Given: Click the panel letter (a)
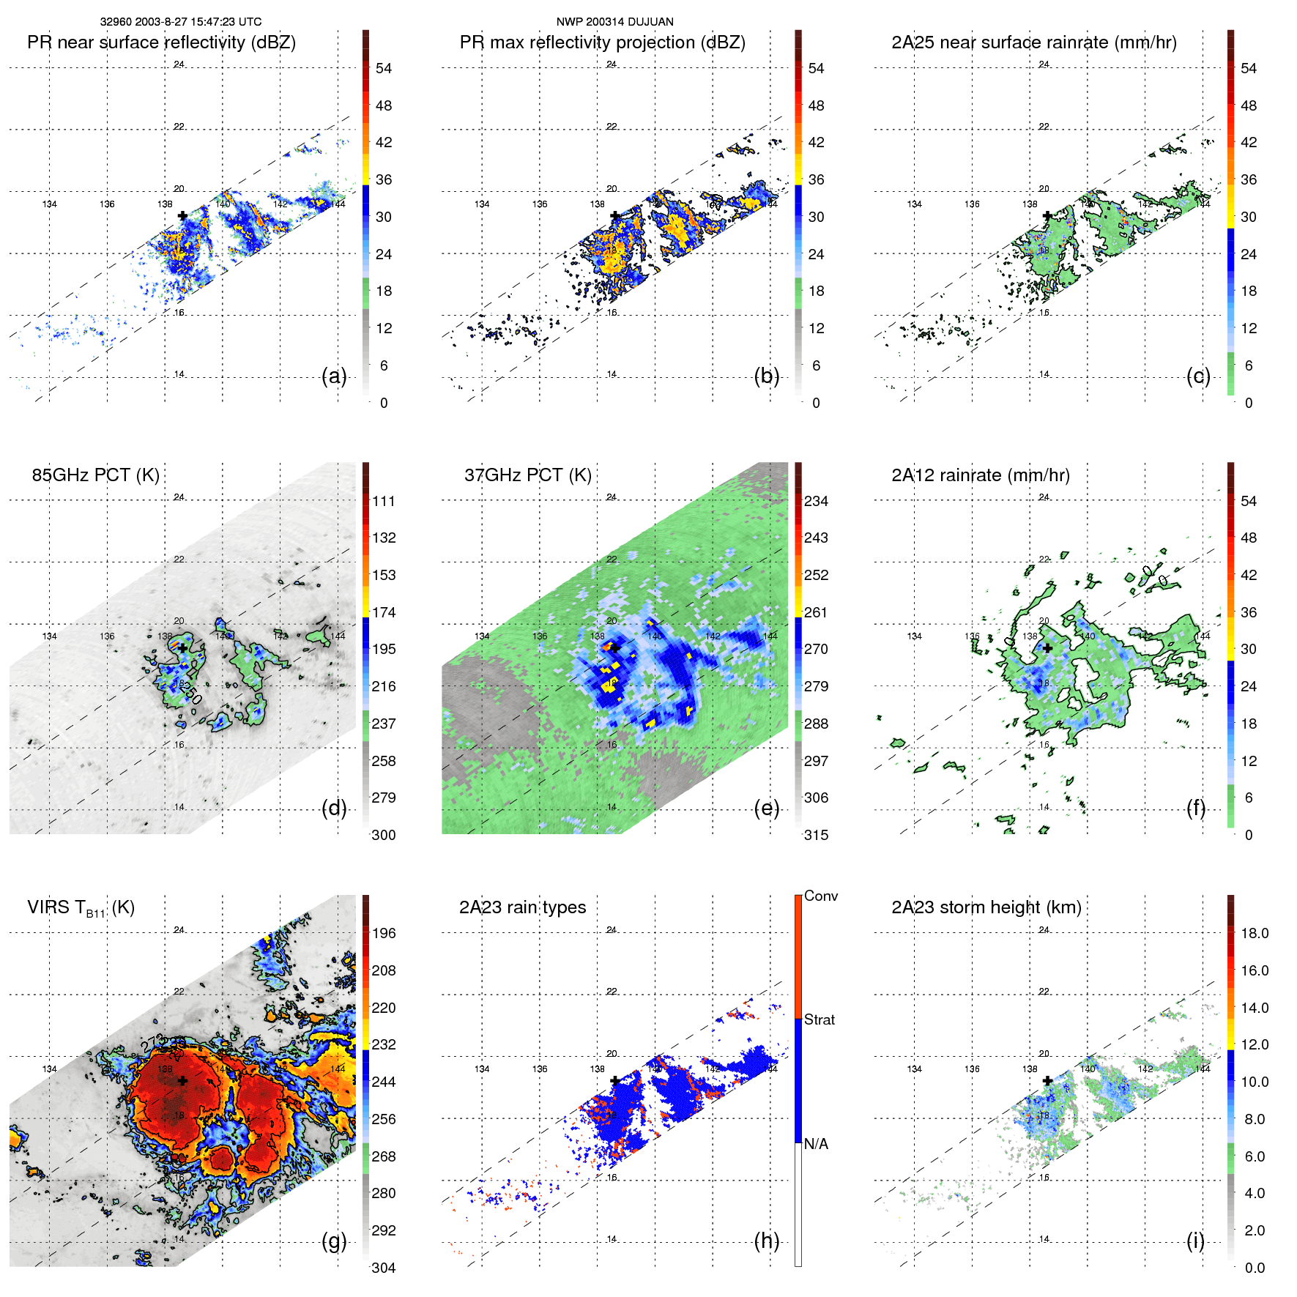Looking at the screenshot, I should [x=334, y=376].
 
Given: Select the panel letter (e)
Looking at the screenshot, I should [x=766, y=809].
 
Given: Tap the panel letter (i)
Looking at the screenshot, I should [x=1195, y=1241].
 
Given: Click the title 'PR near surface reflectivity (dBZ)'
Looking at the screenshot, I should [x=161, y=42].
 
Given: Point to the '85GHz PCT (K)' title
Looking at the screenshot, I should [x=95, y=475].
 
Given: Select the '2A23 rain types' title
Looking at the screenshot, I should [x=522, y=907].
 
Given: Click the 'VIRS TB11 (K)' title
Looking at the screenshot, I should [x=81, y=908].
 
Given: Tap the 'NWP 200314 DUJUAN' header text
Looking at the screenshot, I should [x=614, y=22].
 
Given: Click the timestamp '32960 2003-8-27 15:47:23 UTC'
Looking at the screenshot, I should [x=181, y=22].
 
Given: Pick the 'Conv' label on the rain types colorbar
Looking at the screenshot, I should [x=820, y=896].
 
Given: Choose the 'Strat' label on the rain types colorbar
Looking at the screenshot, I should [x=819, y=1019].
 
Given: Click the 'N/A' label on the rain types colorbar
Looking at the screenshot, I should [x=816, y=1144].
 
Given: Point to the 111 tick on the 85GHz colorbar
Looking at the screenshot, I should [x=383, y=501].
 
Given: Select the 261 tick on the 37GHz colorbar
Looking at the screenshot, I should [x=816, y=612].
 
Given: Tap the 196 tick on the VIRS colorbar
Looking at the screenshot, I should [x=383, y=933].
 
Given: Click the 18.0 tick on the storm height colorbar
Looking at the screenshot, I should [x=1254, y=933].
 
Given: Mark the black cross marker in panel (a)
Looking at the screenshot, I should [x=182, y=216].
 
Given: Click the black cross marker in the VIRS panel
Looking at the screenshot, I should [x=182, y=1080].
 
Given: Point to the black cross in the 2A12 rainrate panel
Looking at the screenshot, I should [x=1047, y=648].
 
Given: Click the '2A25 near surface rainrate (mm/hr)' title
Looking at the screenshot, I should [x=1033, y=42].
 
